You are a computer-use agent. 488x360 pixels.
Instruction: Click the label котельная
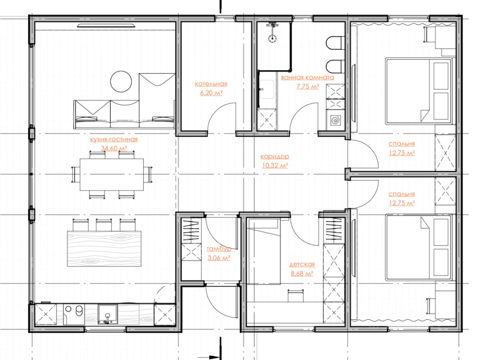(211, 84)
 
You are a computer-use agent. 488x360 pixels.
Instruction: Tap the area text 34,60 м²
(114, 148)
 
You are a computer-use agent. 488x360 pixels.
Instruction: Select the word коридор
(275, 156)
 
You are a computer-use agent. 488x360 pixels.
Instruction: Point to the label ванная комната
(307, 77)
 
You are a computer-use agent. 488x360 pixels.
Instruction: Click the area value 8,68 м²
(302, 273)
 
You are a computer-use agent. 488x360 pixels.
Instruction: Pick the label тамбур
(219, 249)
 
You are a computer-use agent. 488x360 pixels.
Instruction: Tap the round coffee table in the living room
(121, 82)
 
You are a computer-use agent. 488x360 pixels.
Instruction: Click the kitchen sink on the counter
(108, 314)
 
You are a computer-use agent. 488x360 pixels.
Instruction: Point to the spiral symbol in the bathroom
(335, 120)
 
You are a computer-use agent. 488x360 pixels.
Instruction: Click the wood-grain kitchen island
(104, 249)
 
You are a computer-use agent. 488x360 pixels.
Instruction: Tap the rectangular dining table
(112, 175)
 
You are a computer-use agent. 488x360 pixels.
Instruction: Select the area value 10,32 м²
(275, 166)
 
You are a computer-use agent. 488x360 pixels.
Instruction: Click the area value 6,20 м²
(211, 93)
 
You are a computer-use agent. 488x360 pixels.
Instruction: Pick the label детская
(302, 264)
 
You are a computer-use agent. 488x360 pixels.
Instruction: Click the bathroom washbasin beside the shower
(267, 89)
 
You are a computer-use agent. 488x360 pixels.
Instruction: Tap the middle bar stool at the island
(104, 225)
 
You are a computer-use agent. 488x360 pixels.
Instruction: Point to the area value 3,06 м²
(219, 258)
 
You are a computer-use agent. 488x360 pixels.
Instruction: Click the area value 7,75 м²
(308, 87)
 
